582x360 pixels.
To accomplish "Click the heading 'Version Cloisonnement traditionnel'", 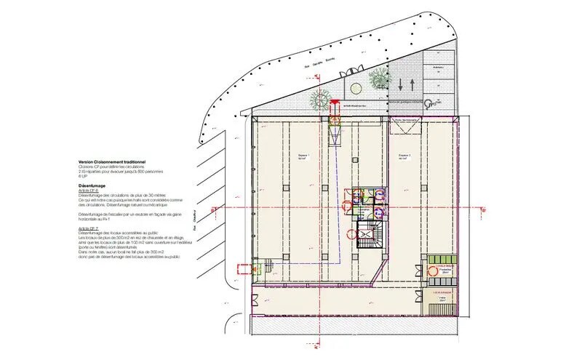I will (112, 161).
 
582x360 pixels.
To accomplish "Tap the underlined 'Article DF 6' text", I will (88, 191).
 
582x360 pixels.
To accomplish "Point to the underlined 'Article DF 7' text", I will (88, 228).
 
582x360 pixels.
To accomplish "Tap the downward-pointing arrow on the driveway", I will (401, 84).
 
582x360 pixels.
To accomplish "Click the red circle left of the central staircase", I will (351, 234).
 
